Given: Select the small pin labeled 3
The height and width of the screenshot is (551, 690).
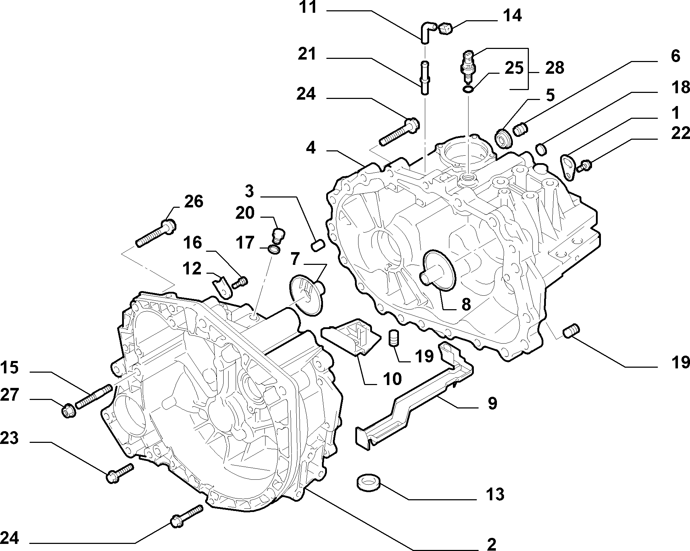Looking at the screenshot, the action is (318, 245).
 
